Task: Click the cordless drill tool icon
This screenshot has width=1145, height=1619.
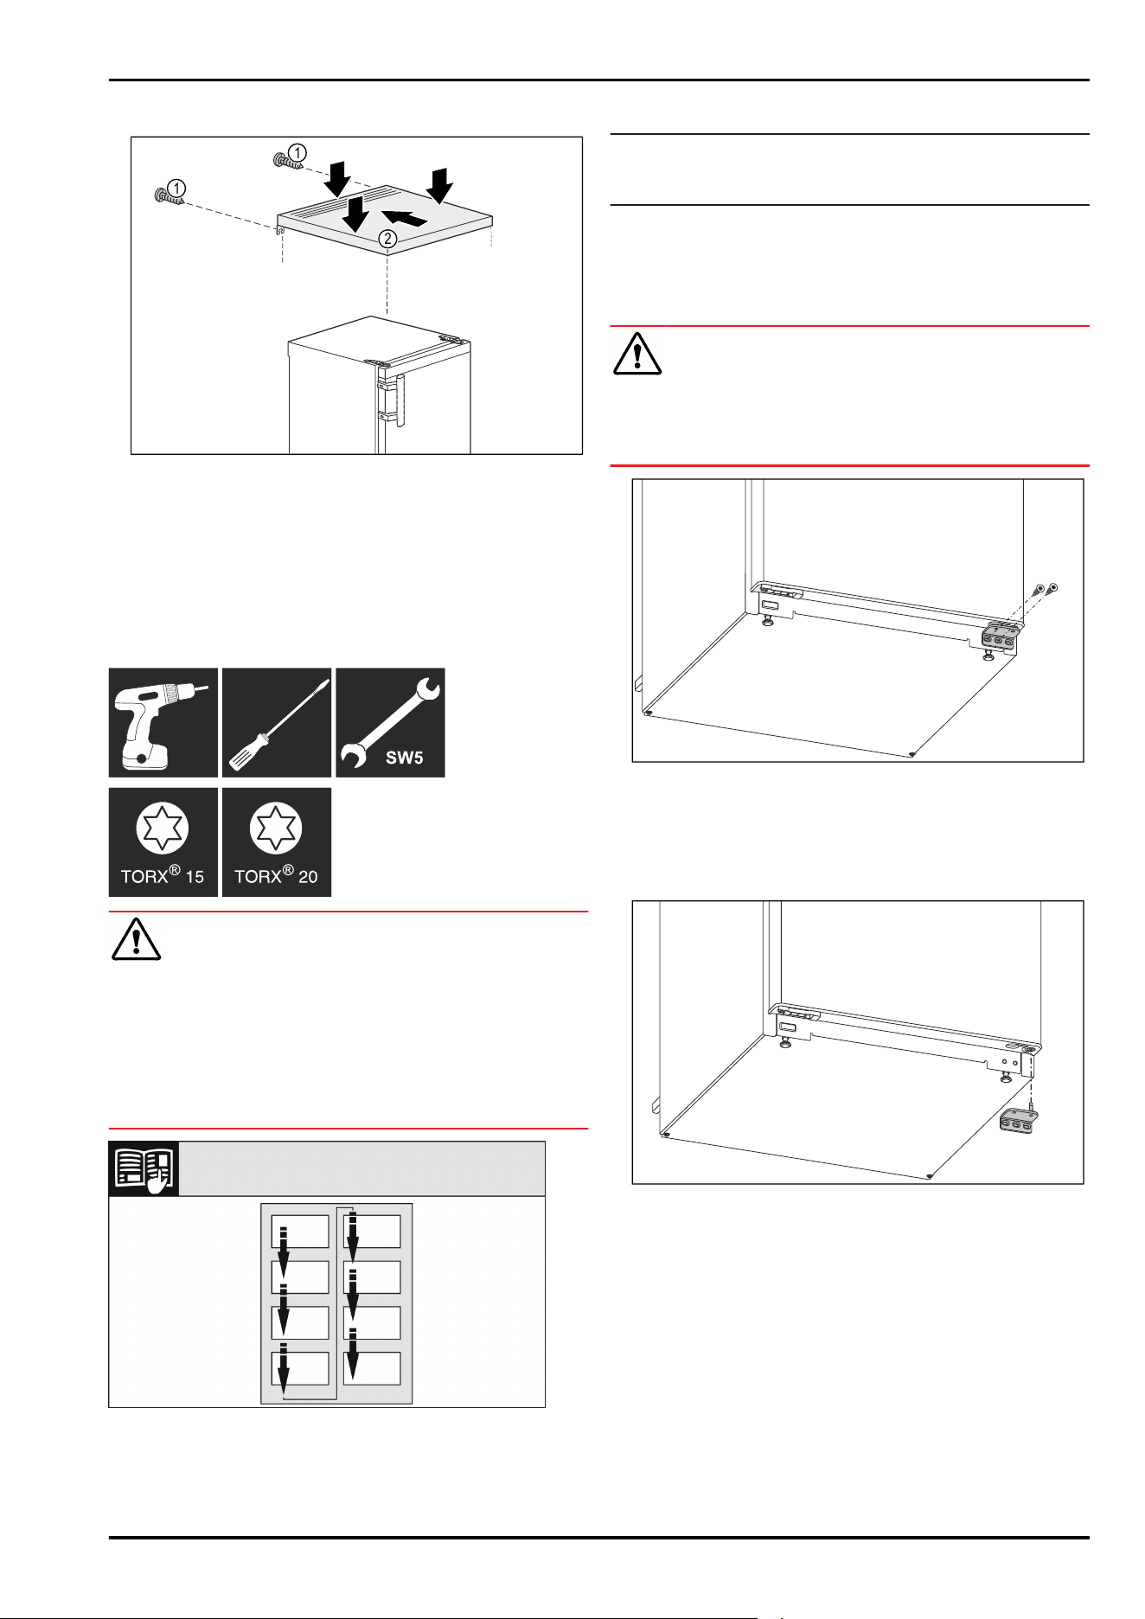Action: pos(163,722)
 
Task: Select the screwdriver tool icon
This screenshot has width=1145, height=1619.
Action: pos(277,722)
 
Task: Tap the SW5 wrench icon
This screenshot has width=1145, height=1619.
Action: pos(390,722)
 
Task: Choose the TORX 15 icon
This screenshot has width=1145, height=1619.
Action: pos(163,841)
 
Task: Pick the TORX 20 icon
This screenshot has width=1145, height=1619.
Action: pos(277,841)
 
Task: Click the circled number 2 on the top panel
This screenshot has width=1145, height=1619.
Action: pos(387,239)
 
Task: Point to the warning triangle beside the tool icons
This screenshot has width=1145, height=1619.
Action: pos(136,939)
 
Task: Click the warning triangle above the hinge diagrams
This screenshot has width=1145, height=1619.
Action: pos(637,354)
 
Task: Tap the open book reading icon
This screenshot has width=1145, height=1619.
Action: pos(144,1168)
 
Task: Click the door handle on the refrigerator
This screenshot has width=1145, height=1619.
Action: pos(399,400)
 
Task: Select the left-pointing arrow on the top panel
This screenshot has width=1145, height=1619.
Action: pos(404,218)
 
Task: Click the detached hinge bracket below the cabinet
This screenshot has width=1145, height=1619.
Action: pos(1015,1122)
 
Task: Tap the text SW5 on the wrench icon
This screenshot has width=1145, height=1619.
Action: pos(404,758)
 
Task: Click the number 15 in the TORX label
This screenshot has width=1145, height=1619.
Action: pos(195,877)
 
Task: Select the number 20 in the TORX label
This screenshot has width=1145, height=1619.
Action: pos(308,877)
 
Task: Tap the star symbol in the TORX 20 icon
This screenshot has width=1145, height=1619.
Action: pos(277,828)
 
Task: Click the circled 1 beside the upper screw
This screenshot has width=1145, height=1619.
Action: pos(297,153)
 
